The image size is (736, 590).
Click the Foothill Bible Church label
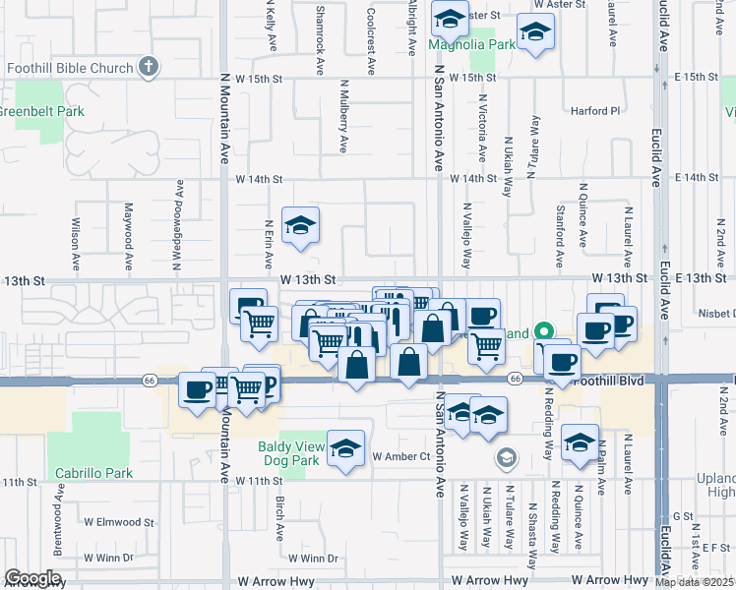tap(69, 68)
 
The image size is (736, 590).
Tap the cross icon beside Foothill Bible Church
tap(148, 68)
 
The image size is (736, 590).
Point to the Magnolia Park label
tap(472, 45)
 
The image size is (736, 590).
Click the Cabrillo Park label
tap(93, 473)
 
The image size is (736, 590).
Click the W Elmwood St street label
tap(119, 522)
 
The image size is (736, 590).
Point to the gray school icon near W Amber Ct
tap(506, 457)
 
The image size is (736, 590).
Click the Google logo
tap(32, 578)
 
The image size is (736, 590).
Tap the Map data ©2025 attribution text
tap(695, 582)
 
